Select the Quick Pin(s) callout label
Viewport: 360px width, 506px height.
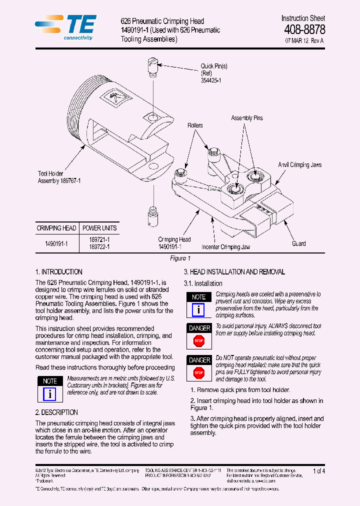(214, 72)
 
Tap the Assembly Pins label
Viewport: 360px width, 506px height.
(246, 118)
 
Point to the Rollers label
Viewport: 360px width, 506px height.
(195, 125)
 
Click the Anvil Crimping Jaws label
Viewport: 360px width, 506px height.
(299, 165)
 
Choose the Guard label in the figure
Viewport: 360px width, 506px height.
(298, 243)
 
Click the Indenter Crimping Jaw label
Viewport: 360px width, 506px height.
(225, 247)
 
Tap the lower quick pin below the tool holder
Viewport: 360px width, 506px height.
(151, 216)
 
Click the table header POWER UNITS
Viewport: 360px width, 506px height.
(99, 228)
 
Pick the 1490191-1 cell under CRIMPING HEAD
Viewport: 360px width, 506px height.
(56, 243)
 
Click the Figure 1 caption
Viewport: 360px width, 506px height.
(180, 258)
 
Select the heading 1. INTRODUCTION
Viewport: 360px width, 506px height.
(59, 272)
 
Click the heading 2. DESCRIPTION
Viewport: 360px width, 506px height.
(56, 412)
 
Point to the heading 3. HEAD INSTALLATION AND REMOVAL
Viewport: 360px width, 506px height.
(234, 272)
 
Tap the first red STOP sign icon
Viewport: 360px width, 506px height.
(199, 341)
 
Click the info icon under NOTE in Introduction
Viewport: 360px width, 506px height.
(49, 394)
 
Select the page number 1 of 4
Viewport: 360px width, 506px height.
(318, 471)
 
